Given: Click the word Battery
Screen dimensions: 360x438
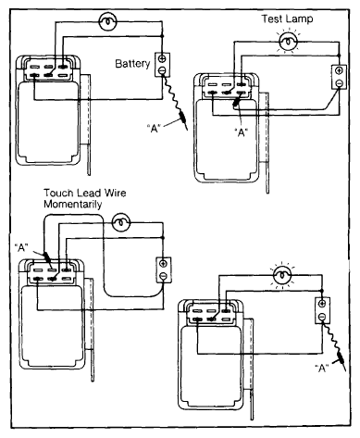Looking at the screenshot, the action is [132, 64].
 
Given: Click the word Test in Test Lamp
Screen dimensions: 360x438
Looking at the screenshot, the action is [272, 19].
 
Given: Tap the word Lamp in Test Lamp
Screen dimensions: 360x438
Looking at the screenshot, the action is [299, 19].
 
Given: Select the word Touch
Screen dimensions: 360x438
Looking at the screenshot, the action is [59, 193].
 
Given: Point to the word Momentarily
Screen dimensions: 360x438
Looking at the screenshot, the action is [72, 205].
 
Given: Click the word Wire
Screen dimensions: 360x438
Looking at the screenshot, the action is [115, 193].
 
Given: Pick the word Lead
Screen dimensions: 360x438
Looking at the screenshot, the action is [89, 193].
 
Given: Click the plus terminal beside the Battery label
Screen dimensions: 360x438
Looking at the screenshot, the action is [162, 58].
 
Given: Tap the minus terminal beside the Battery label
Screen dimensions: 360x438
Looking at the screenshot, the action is [162, 71].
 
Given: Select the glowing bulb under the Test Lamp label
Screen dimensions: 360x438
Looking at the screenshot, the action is [288, 41].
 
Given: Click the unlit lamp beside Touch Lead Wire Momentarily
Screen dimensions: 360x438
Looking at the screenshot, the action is [121, 222].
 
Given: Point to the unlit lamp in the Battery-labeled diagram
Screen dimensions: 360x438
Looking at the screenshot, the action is [107, 21].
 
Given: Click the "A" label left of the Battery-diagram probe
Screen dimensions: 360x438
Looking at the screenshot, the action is [154, 128].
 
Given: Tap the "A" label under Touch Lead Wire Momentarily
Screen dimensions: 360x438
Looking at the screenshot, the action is [21, 247].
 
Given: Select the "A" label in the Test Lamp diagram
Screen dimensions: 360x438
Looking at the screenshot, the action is [242, 132].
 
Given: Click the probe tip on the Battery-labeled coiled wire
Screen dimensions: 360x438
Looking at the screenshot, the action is [187, 130].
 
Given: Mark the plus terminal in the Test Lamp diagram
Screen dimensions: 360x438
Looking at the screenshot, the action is [339, 70].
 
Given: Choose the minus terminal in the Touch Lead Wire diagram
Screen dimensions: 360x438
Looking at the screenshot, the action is [164, 276].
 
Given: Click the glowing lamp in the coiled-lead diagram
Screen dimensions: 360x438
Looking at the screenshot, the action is [282, 274].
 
